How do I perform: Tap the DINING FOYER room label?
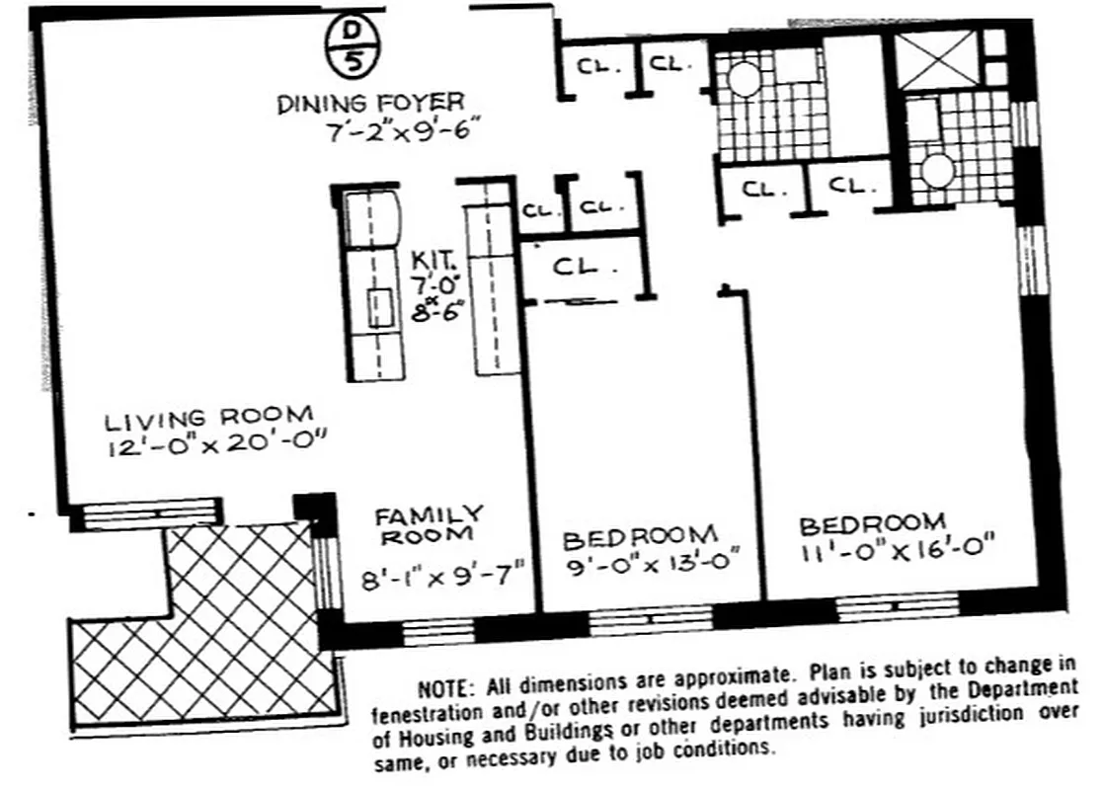(x=369, y=102)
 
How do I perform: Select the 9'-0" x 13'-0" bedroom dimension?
(x=651, y=571)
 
